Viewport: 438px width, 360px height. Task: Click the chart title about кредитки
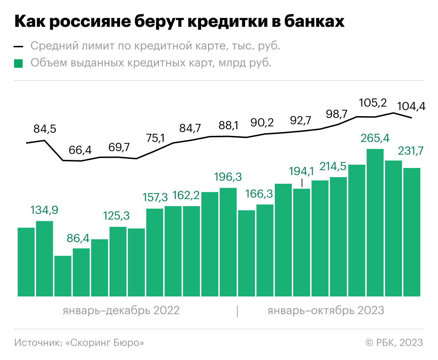(x=179, y=22)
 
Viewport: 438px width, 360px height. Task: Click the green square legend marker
(x=18, y=64)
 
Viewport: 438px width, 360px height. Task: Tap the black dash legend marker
(x=18, y=47)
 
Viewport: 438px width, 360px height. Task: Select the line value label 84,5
(x=45, y=129)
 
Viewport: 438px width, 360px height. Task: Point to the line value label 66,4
(x=80, y=150)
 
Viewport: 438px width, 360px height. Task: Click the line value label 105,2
(x=373, y=103)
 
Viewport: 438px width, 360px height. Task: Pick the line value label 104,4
(x=411, y=106)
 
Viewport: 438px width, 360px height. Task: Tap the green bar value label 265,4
(x=375, y=138)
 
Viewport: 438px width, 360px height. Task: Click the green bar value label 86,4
(x=78, y=238)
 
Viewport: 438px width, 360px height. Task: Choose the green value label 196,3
(x=228, y=177)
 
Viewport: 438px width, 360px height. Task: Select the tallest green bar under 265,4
(x=375, y=222)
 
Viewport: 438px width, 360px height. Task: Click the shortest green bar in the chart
(x=63, y=276)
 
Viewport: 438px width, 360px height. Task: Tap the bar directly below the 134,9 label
(x=45, y=258)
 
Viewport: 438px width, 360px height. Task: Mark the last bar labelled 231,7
(x=412, y=232)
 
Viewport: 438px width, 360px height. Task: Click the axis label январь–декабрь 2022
(x=121, y=311)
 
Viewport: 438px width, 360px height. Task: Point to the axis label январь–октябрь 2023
(x=326, y=311)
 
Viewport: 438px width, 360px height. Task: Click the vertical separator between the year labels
(x=237, y=311)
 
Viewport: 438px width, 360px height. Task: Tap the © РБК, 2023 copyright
(x=394, y=343)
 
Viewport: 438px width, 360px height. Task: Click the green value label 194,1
(x=301, y=171)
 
